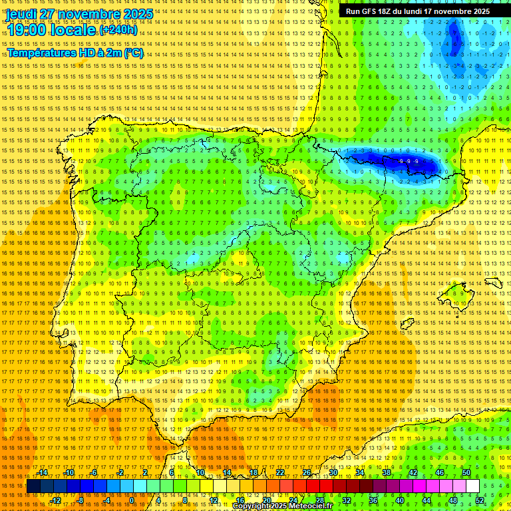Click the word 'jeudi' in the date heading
[x=21, y=13]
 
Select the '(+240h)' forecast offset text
[x=118, y=29]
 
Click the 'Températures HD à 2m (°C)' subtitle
[x=75, y=53]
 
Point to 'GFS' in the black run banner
[x=373, y=11]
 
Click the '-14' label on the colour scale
[x=42, y=472]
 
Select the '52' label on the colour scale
[x=479, y=500]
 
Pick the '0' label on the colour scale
[x=132, y=500]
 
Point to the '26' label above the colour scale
[x=306, y=472]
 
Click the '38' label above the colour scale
[x=386, y=472]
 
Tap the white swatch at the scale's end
[x=472, y=486]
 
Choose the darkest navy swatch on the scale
[x=33, y=486]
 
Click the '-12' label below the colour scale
[x=55, y=500]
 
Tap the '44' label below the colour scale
[x=426, y=500]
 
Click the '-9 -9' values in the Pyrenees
[x=409, y=162]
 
